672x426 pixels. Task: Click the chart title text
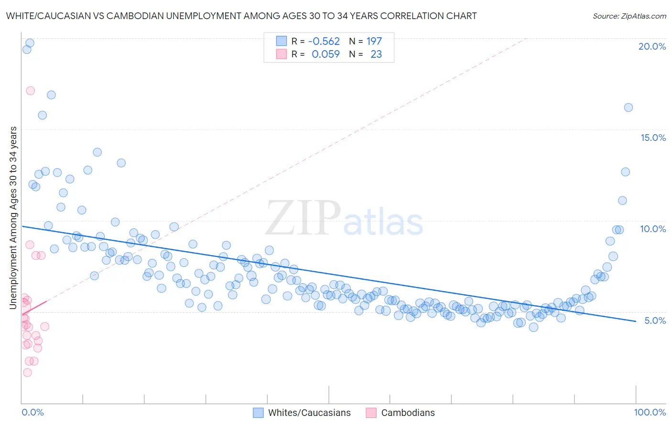click(x=241, y=16)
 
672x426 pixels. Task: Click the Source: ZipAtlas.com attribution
click(x=629, y=16)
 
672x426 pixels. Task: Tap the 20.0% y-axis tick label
click(x=652, y=46)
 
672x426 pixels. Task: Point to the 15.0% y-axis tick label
click(x=653, y=138)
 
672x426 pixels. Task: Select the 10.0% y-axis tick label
click(x=653, y=229)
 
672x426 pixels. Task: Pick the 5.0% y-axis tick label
click(x=655, y=320)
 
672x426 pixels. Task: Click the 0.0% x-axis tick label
click(x=33, y=412)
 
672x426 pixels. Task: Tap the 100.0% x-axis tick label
click(x=650, y=412)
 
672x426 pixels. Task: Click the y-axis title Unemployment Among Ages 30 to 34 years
click(x=13, y=217)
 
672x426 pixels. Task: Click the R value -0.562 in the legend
click(x=324, y=41)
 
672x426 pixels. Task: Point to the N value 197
click(x=374, y=41)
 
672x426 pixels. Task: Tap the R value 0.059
click(x=325, y=54)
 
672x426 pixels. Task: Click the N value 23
click(x=376, y=54)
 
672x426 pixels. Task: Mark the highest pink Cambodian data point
click(x=30, y=91)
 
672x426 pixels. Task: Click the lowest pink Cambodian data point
click(x=27, y=373)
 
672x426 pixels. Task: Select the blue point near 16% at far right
click(x=629, y=107)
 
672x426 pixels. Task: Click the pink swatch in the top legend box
click(x=282, y=54)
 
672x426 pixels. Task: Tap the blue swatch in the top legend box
click(x=282, y=41)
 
